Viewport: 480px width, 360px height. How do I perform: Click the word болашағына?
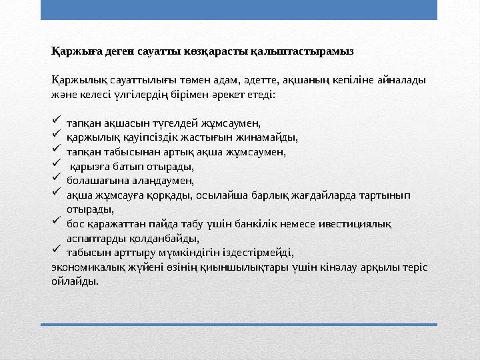coord(92,180)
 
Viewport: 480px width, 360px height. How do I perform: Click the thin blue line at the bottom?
coord(239,325)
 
